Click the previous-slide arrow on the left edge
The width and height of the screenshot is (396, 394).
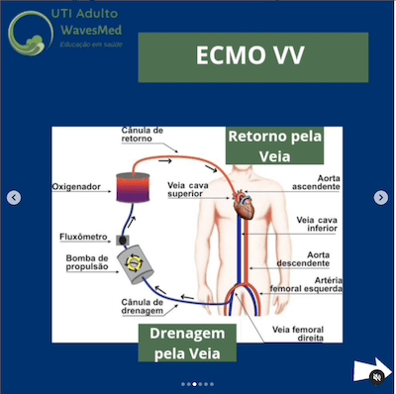pos(14,198)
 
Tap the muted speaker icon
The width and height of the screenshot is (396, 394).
pos(376,376)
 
